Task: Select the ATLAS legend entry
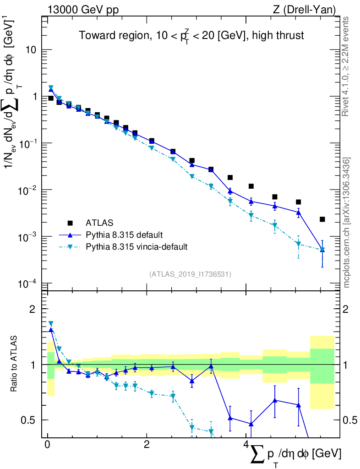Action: coord(98,223)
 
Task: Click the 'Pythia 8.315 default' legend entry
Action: coord(124,235)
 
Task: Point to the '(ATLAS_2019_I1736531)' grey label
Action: coord(190,274)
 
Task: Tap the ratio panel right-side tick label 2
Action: coord(349,309)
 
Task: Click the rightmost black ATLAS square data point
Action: coord(322,219)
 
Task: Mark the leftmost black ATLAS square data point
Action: coord(51,98)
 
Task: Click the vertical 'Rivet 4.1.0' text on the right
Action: coord(346,66)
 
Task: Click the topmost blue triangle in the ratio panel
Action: coord(51,329)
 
